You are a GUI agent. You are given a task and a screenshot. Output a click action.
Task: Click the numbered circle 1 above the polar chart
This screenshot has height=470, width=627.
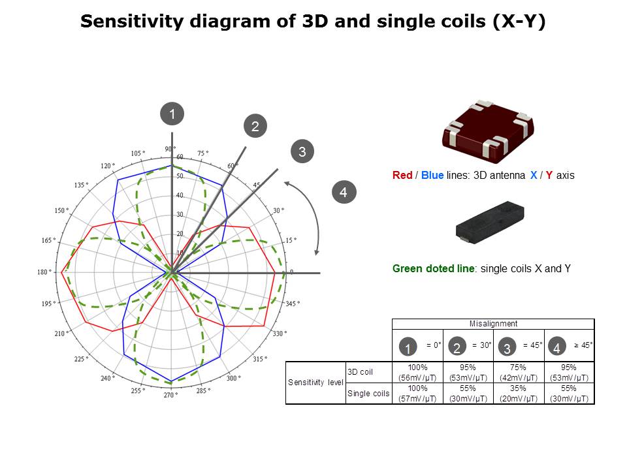point(172,114)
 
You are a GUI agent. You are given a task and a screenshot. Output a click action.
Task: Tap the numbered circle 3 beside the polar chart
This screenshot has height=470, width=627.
point(302,152)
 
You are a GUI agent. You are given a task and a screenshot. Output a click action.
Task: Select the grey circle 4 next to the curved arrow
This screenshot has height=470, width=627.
point(344,192)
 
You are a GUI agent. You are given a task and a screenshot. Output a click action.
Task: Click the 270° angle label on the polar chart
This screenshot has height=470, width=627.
point(170,395)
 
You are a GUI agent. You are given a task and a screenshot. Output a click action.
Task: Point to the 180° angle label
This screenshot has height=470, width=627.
point(44,272)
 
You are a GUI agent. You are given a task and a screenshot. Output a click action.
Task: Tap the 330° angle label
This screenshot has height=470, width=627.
point(279,334)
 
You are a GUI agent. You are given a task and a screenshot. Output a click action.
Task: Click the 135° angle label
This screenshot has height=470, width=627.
point(81,185)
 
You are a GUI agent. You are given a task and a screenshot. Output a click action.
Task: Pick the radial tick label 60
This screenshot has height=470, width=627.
point(180,157)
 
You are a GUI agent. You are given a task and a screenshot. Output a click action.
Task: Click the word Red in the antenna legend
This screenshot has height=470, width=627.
point(402,176)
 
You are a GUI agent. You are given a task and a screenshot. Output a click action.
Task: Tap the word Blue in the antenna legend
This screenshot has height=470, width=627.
point(432,176)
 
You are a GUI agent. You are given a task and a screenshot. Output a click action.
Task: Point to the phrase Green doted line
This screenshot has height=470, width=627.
point(433,268)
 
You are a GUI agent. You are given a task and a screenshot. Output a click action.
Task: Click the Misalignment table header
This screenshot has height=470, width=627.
point(493,324)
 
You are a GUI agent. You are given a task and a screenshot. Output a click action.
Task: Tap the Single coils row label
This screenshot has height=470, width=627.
point(368,394)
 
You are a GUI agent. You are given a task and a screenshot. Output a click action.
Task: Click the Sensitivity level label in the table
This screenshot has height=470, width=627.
point(315,383)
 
